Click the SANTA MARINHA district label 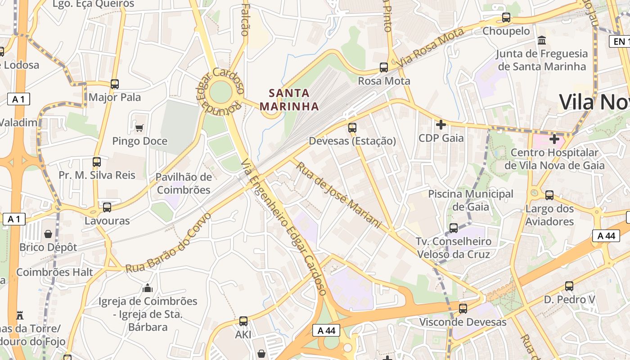289,100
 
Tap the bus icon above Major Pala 115,84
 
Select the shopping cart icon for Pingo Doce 139,128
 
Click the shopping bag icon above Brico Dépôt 48,234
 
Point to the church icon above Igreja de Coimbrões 148,288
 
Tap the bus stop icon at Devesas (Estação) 352,128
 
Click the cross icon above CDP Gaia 441,124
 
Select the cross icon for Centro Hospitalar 554,139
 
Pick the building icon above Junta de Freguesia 542,40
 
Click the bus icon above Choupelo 506,18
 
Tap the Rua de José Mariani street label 338,194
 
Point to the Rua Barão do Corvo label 168,243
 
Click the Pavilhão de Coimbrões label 184,183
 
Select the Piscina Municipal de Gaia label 470,200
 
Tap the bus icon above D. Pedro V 569,286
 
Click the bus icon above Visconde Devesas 463,309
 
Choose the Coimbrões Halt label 54,272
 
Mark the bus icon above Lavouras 107,207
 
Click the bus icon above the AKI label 243,321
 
